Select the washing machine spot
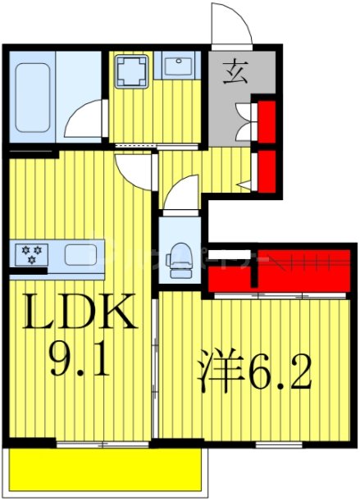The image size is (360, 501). (x=130, y=72)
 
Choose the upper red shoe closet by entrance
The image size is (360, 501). (x=266, y=122)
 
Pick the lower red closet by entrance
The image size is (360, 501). (x=266, y=169)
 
